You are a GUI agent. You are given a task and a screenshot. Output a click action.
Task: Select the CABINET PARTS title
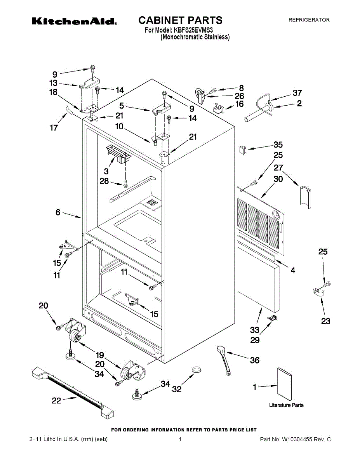(180, 20)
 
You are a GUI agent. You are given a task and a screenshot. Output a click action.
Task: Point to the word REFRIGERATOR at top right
(309, 20)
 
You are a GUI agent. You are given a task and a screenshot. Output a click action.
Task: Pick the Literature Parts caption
(286, 405)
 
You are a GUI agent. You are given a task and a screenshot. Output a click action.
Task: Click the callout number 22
(57, 401)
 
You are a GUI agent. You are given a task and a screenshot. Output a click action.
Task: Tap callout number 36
(254, 360)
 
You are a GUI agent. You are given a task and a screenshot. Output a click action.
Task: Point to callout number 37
(297, 93)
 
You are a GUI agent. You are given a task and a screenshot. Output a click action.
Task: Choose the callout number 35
(278, 145)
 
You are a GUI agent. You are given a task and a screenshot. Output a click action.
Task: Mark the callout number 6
(58, 212)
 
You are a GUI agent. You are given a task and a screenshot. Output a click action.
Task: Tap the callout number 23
(325, 321)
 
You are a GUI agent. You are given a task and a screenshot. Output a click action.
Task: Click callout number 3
(106, 171)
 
